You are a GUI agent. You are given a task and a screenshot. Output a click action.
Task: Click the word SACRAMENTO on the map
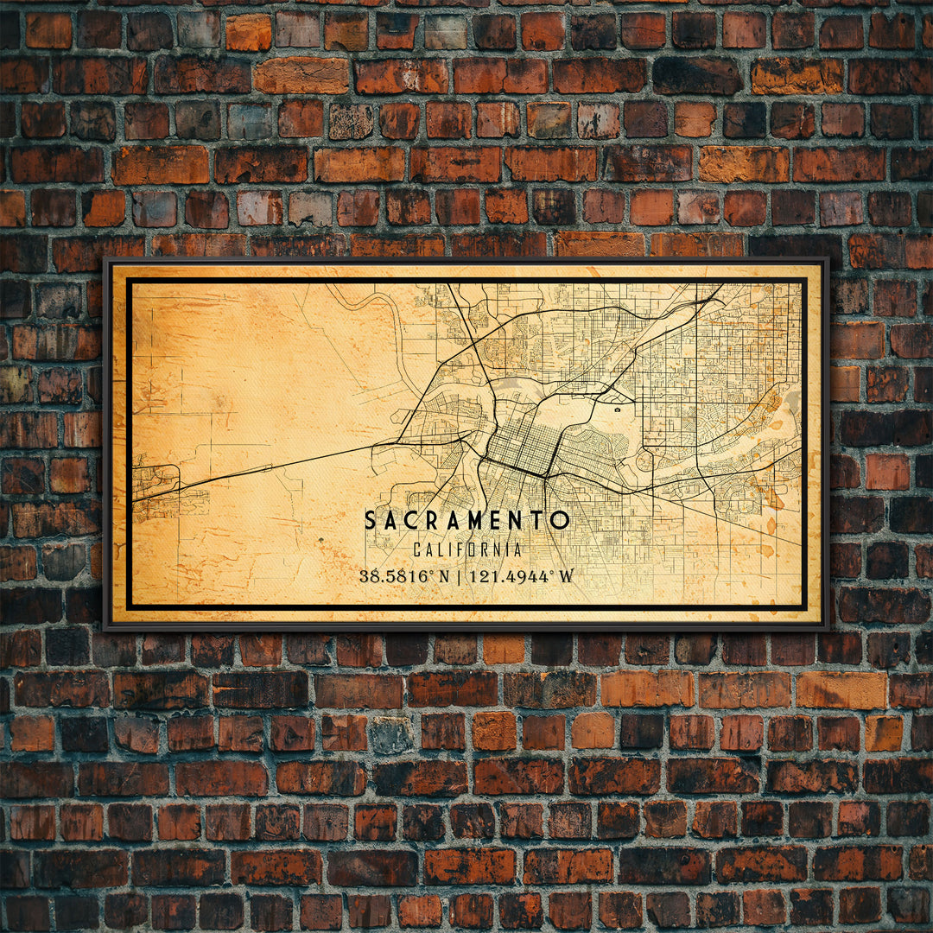click(x=466, y=520)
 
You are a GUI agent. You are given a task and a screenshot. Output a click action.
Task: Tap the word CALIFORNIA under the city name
click(x=466, y=549)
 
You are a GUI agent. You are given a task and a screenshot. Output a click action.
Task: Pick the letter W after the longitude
click(x=565, y=576)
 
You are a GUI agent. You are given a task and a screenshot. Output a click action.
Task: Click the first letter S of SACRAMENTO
click(x=371, y=520)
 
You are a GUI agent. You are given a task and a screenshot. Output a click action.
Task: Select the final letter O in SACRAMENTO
click(x=562, y=520)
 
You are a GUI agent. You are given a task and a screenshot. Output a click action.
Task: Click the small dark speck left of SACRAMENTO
click(x=321, y=541)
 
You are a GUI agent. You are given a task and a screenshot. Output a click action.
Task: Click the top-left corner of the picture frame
click(x=105, y=259)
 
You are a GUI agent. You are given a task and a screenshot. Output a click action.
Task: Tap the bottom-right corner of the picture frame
click(x=828, y=627)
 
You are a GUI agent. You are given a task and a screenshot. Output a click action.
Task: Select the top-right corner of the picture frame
click(x=828, y=259)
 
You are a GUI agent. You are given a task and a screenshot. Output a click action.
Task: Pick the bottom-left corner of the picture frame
click(x=105, y=627)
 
